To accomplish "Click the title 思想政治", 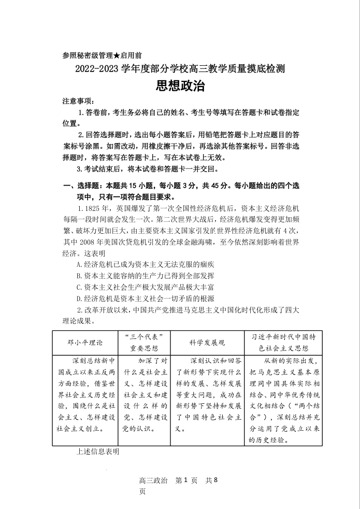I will pos(180,86).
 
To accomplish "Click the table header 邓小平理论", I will pos(85,343).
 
